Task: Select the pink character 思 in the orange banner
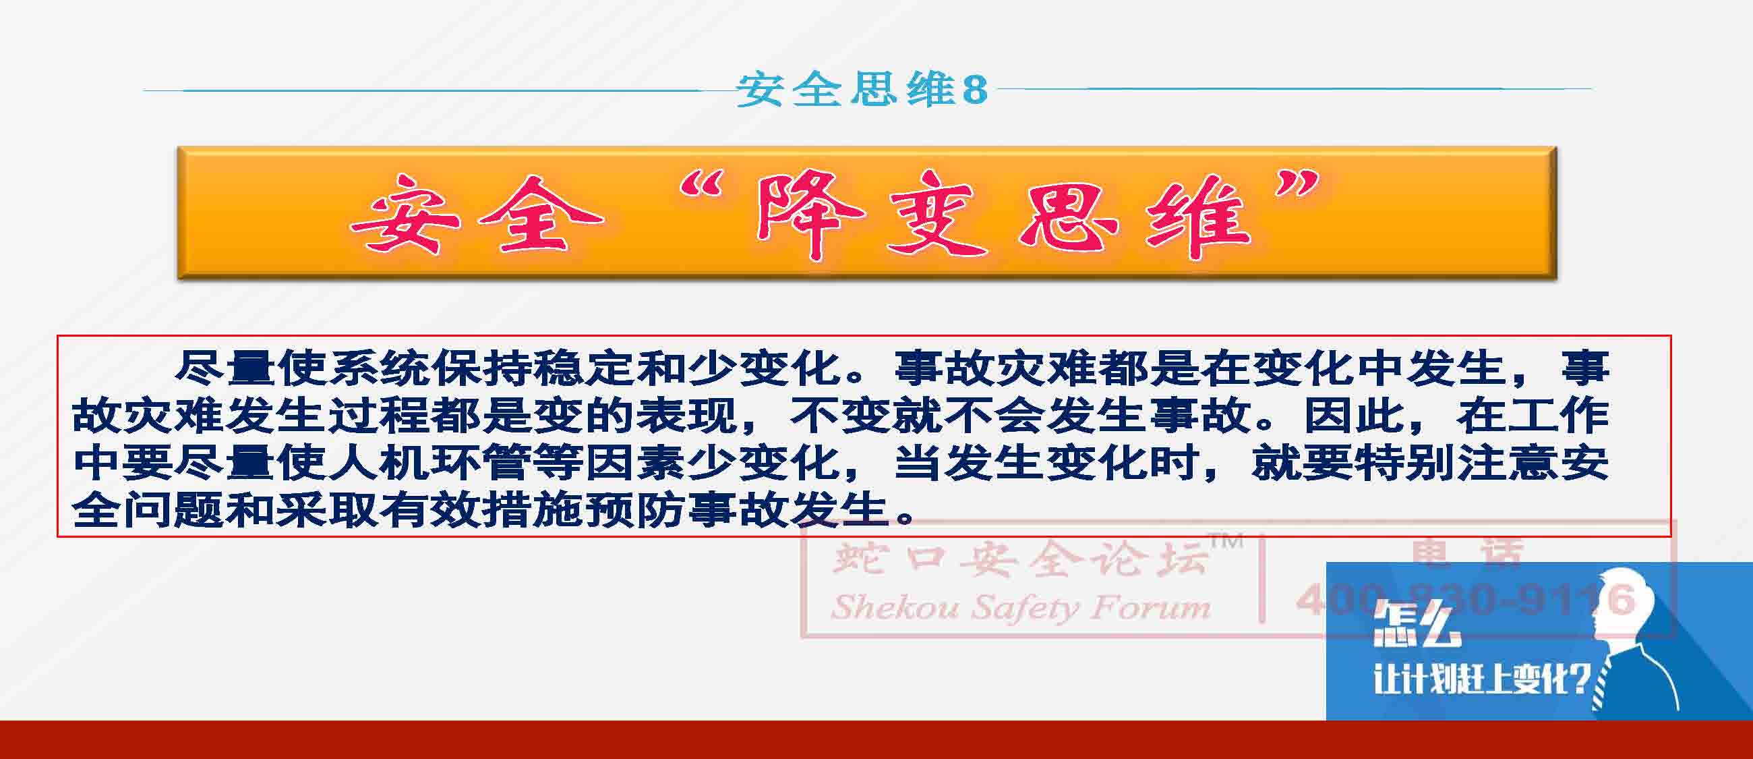coord(1067,214)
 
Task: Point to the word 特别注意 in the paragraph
coord(1456,463)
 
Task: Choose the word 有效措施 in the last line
coord(481,510)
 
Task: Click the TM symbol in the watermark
coord(1226,542)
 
